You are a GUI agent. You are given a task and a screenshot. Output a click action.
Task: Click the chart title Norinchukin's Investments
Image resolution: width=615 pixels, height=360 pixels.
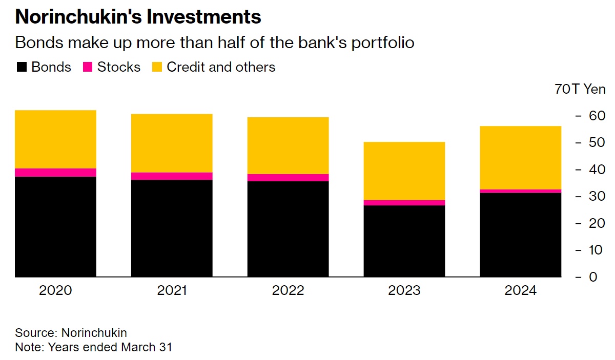138,17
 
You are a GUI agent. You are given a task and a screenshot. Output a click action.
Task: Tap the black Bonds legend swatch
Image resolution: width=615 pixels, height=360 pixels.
21,67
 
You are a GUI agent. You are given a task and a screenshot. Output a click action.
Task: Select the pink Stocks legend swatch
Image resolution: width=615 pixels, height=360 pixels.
87,67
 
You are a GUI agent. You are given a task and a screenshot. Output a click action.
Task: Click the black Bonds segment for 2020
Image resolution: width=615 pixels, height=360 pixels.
56,226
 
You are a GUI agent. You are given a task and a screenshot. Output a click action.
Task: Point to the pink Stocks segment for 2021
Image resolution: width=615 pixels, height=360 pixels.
172,176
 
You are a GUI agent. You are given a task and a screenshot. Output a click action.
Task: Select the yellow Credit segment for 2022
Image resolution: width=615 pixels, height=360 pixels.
288,145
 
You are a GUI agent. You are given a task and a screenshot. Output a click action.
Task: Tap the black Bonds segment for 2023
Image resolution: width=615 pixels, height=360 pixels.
404,241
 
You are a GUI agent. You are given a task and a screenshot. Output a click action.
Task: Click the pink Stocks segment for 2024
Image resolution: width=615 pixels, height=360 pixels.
520,191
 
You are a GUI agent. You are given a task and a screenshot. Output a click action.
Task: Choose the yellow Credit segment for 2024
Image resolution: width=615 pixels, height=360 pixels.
520,157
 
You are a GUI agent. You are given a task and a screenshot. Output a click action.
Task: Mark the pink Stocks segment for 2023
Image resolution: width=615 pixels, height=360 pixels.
404,203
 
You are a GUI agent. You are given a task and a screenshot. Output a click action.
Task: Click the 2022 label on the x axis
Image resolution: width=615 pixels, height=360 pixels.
288,291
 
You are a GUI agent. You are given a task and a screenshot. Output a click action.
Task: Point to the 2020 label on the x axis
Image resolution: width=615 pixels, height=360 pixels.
56,291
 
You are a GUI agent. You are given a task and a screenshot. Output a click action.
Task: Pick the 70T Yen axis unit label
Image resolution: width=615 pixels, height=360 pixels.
580,89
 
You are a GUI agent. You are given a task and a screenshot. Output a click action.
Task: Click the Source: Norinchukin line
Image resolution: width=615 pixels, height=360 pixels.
71,333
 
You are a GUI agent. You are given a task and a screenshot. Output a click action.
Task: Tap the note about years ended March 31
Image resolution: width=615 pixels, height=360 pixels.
93,347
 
